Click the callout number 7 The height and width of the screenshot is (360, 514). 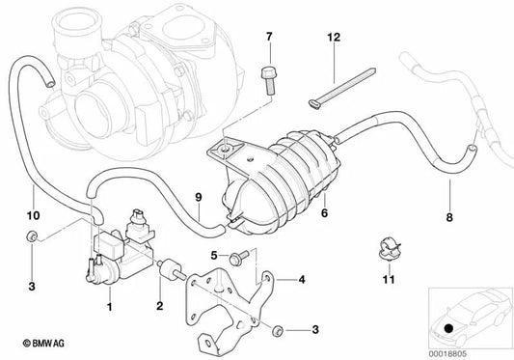pos(269,37)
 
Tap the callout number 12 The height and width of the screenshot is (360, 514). pos(334,37)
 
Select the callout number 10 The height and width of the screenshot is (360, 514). pos(34,215)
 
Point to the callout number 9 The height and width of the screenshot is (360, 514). pos(199,197)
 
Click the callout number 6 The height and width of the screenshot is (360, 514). pos(324,213)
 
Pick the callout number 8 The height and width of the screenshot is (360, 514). pos(449,217)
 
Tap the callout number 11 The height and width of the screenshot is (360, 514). pos(389,280)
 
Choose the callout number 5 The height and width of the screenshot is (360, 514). pos(214,255)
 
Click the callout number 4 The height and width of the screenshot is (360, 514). pos(302,280)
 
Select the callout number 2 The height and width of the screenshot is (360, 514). pos(160,306)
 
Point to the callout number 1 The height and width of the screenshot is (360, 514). pos(110,307)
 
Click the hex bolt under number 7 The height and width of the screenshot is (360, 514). pos(269,81)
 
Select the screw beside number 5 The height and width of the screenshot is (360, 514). pos(240,257)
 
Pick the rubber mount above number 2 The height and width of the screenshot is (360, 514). pos(171,269)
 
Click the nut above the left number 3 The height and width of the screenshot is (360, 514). pos(32,236)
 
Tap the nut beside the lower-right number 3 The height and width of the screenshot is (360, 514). pos(278,330)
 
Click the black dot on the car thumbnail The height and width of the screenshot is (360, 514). pos(448,328)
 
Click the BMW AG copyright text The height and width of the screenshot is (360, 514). pos(43,344)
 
